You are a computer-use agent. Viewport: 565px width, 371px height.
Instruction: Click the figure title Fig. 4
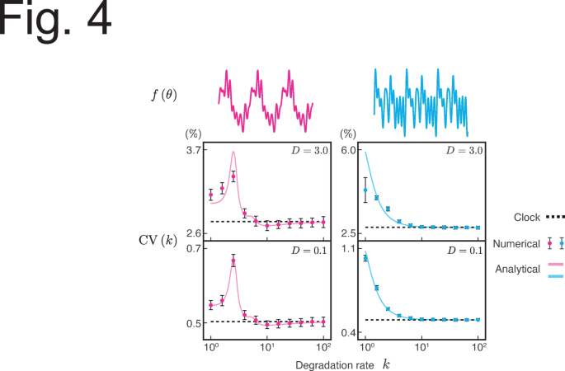click(55, 22)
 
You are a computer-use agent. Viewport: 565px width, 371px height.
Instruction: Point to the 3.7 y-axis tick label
click(194, 150)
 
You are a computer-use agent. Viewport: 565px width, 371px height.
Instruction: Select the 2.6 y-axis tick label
click(194, 233)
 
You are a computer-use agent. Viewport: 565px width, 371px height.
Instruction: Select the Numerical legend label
click(516, 243)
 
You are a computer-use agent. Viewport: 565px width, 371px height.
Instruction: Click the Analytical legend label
click(516, 269)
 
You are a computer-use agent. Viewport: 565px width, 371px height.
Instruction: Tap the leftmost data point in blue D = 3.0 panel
click(365, 190)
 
